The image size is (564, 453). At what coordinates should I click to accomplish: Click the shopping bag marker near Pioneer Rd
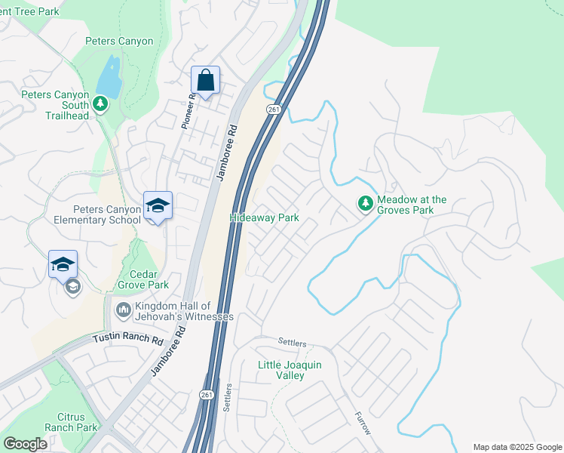coord(205,79)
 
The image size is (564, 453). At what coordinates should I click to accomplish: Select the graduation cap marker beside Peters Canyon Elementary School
coord(158,205)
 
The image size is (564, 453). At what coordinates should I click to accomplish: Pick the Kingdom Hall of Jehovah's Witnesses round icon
coord(122,310)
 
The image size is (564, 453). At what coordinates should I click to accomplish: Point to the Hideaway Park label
coord(264,218)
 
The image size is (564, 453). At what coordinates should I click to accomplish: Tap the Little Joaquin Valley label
coord(290,370)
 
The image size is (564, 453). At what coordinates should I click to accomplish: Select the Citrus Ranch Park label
coord(77,421)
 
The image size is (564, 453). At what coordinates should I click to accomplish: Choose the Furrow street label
coord(363,424)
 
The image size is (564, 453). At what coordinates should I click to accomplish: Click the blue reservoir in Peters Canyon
coord(110,77)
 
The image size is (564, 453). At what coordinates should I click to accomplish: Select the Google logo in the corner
coord(26,444)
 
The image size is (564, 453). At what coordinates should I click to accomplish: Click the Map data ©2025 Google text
coord(516,447)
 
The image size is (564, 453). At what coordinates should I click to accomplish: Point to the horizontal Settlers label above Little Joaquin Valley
coord(293,342)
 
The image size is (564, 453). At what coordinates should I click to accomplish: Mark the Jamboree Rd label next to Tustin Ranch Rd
coord(167,351)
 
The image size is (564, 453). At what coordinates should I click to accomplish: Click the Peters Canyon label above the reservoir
coord(119,42)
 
